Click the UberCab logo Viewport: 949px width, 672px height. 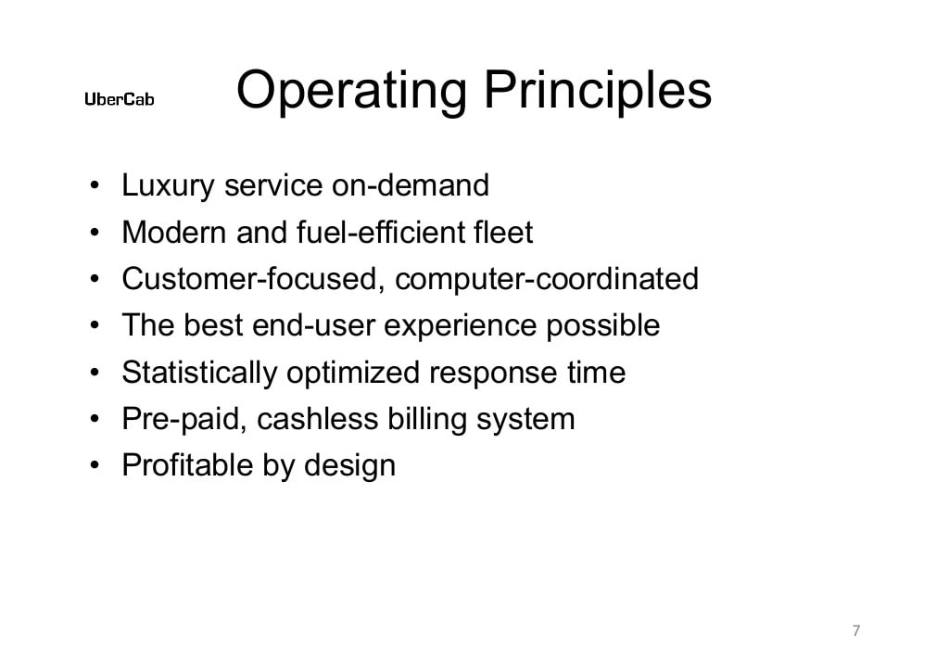click(x=120, y=100)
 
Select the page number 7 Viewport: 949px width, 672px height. click(x=855, y=631)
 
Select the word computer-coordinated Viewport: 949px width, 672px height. click(x=547, y=279)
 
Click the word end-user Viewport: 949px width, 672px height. click(x=316, y=325)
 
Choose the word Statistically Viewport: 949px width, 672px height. click(x=199, y=373)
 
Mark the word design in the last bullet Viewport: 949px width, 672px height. click(x=349, y=466)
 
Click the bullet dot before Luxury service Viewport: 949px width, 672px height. click(x=95, y=187)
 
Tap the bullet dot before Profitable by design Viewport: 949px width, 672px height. click(x=95, y=466)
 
